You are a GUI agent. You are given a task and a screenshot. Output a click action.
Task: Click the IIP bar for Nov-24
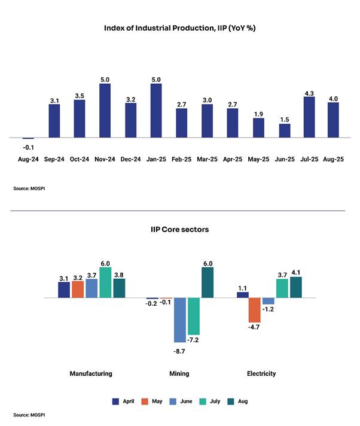(x=105, y=111)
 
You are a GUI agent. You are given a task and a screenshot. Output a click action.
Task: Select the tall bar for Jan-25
(x=156, y=111)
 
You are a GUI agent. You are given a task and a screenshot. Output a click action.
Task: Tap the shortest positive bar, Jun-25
(x=284, y=131)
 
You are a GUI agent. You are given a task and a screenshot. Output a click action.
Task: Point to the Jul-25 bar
(x=310, y=117)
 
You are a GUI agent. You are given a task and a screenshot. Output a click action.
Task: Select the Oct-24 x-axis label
(x=79, y=160)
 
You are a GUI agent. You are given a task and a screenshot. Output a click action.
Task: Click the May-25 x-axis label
(x=258, y=160)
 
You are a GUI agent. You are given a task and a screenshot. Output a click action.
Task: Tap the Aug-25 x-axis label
(x=334, y=160)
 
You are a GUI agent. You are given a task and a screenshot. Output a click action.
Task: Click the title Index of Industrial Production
(x=180, y=28)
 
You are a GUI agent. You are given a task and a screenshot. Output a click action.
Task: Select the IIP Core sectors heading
(x=180, y=230)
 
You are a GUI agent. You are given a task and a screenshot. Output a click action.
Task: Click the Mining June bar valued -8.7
(x=179, y=319)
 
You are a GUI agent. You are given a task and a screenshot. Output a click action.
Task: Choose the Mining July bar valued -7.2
(x=193, y=316)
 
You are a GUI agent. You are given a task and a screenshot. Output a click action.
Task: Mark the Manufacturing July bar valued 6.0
(x=105, y=282)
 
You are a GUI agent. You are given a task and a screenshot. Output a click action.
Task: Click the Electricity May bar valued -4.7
(x=255, y=310)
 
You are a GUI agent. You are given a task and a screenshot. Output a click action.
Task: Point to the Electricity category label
(x=261, y=374)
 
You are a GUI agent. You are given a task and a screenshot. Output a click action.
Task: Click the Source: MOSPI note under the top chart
(x=30, y=188)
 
